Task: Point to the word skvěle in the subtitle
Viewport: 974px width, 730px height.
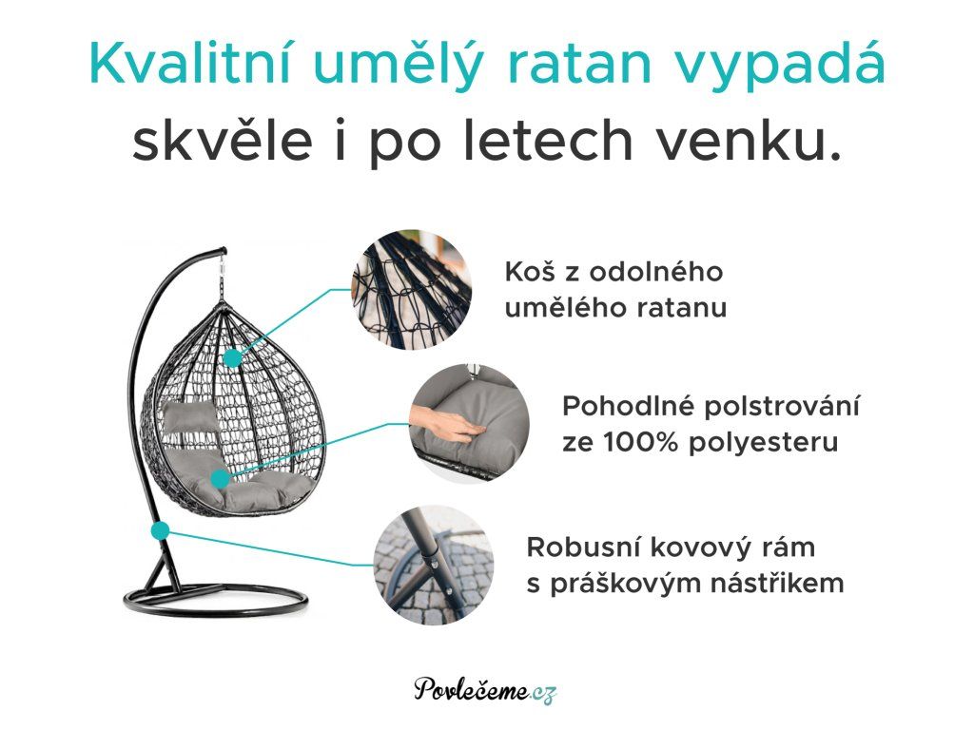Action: point(223,141)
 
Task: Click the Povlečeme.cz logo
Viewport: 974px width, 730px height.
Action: point(485,689)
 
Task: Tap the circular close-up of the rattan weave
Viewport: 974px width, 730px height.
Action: point(411,289)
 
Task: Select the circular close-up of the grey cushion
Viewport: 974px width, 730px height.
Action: point(470,423)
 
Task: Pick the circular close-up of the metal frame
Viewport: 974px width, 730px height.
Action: point(434,565)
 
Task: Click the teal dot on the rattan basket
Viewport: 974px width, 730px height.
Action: point(232,358)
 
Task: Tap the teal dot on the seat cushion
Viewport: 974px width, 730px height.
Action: point(220,479)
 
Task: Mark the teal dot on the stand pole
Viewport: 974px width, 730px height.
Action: point(160,530)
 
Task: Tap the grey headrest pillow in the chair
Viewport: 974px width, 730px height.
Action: point(188,416)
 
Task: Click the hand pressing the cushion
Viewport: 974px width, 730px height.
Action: point(443,424)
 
